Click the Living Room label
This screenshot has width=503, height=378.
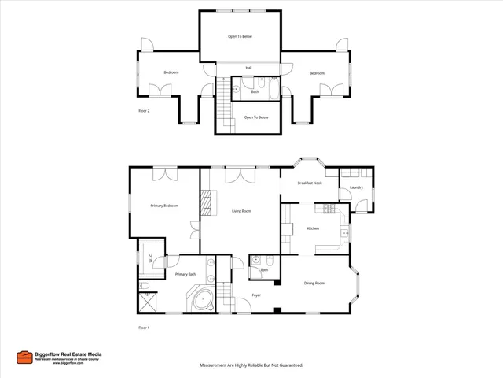click(241, 211)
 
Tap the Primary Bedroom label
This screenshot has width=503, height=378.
click(164, 206)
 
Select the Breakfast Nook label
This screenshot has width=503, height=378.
click(310, 183)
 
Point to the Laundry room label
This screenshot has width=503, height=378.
click(356, 188)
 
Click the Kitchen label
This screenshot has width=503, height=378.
click(312, 228)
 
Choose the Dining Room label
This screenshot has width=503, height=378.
click(314, 283)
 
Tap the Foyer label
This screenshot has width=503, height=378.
click(256, 295)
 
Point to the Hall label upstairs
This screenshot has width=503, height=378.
click(248, 68)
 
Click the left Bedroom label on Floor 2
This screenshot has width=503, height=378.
click(171, 72)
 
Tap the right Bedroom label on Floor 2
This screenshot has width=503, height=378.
click(316, 72)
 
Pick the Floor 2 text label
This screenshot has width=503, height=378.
click(144, 111)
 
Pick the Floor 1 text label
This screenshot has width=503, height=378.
click(143, 327)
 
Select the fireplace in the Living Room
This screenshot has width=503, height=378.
click(207, 204)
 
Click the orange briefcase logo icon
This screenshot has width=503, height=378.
click(24, 357)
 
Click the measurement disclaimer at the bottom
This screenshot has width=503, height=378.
click(251, 365)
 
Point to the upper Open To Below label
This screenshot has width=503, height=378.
click(240, 36)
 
